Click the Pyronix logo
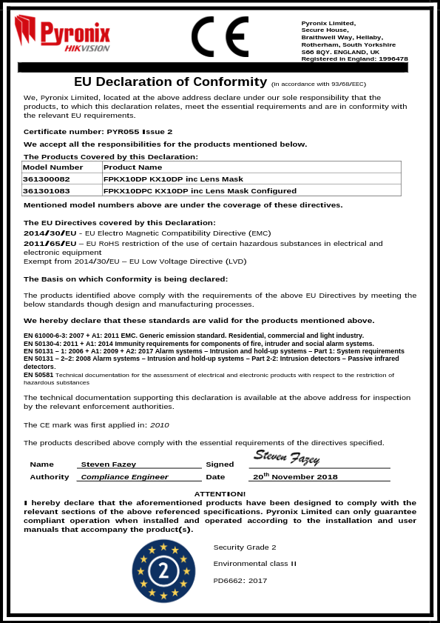[63, 35]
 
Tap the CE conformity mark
[220, 36]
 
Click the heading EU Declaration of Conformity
[170, 81]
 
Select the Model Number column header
[47, 167]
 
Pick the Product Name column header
[132, 167]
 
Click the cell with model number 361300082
[47, 179]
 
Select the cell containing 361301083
[47, 190]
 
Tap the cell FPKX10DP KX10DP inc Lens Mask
[173, 179]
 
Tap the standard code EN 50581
[38, 375]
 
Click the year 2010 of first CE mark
[160, 425]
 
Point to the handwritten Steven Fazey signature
[286, 457]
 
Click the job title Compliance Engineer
[124, 477]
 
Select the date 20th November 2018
[295, 477]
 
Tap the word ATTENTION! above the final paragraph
[220, 493]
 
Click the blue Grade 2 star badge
[163, 571]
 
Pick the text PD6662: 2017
[240, 581]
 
